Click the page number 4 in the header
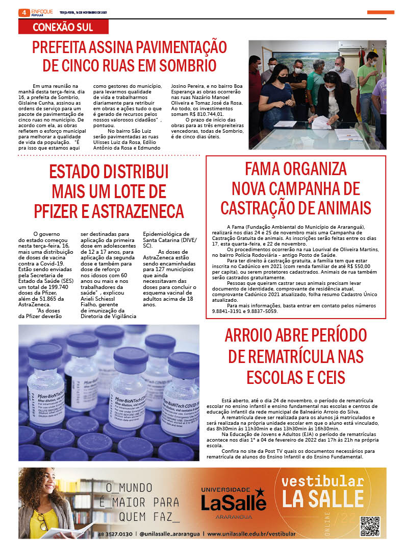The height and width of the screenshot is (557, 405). pyautogui.click(x=23, y=12)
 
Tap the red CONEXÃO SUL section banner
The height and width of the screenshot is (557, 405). pyautogui.click(x=63, y=27)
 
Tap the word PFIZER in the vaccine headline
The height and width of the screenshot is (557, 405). pyautogui.click(x=58, y=210)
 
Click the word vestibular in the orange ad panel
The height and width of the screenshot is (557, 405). pyautogui.click(x=322, y=481)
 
